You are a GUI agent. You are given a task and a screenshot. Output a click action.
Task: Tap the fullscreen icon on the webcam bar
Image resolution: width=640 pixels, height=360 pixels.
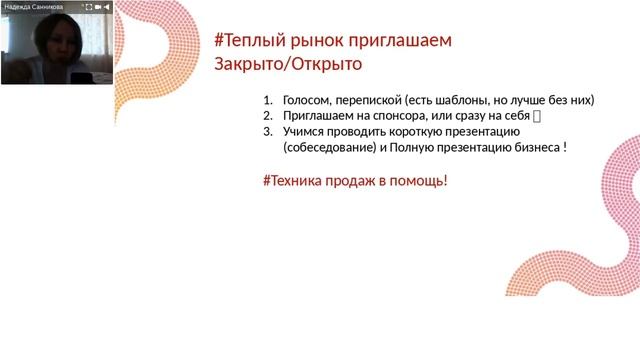point(87,6)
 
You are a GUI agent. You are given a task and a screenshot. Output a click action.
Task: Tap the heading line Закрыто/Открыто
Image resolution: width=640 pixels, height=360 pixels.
point(288,64)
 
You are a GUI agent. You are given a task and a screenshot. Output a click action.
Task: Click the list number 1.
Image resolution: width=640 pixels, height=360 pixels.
point(267,100)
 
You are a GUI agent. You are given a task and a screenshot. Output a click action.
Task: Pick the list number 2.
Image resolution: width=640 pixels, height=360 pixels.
point(267,116)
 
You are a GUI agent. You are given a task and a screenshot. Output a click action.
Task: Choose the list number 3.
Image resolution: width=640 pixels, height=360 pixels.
point(267,132)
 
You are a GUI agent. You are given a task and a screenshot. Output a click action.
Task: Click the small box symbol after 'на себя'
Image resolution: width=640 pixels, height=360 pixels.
point(538,116)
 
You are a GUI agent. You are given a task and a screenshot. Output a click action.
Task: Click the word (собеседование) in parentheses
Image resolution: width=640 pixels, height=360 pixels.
point(330,148)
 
